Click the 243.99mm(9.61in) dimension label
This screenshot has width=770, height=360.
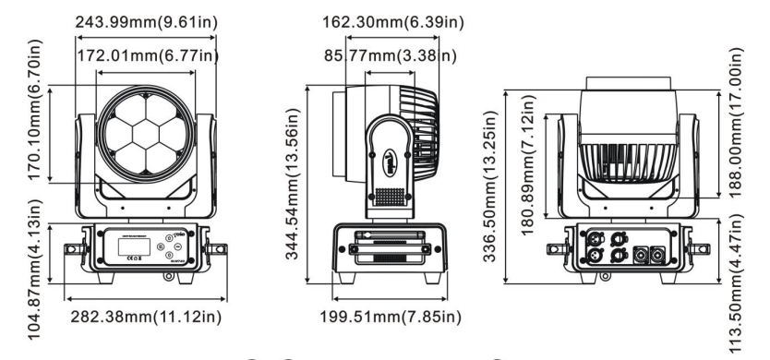point(146,22)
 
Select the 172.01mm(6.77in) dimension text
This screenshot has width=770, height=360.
point(148,56)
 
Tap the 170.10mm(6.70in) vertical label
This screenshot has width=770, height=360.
point(35,110)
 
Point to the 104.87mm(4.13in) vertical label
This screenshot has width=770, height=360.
point(35,270)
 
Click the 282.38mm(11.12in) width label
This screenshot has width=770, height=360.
point(146,317)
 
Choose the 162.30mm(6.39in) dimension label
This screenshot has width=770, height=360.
point(392,22)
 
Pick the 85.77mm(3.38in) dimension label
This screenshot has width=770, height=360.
point(390,56)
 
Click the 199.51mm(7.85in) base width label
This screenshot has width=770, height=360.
point(391,317)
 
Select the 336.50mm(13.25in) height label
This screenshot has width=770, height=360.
point(490,186)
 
